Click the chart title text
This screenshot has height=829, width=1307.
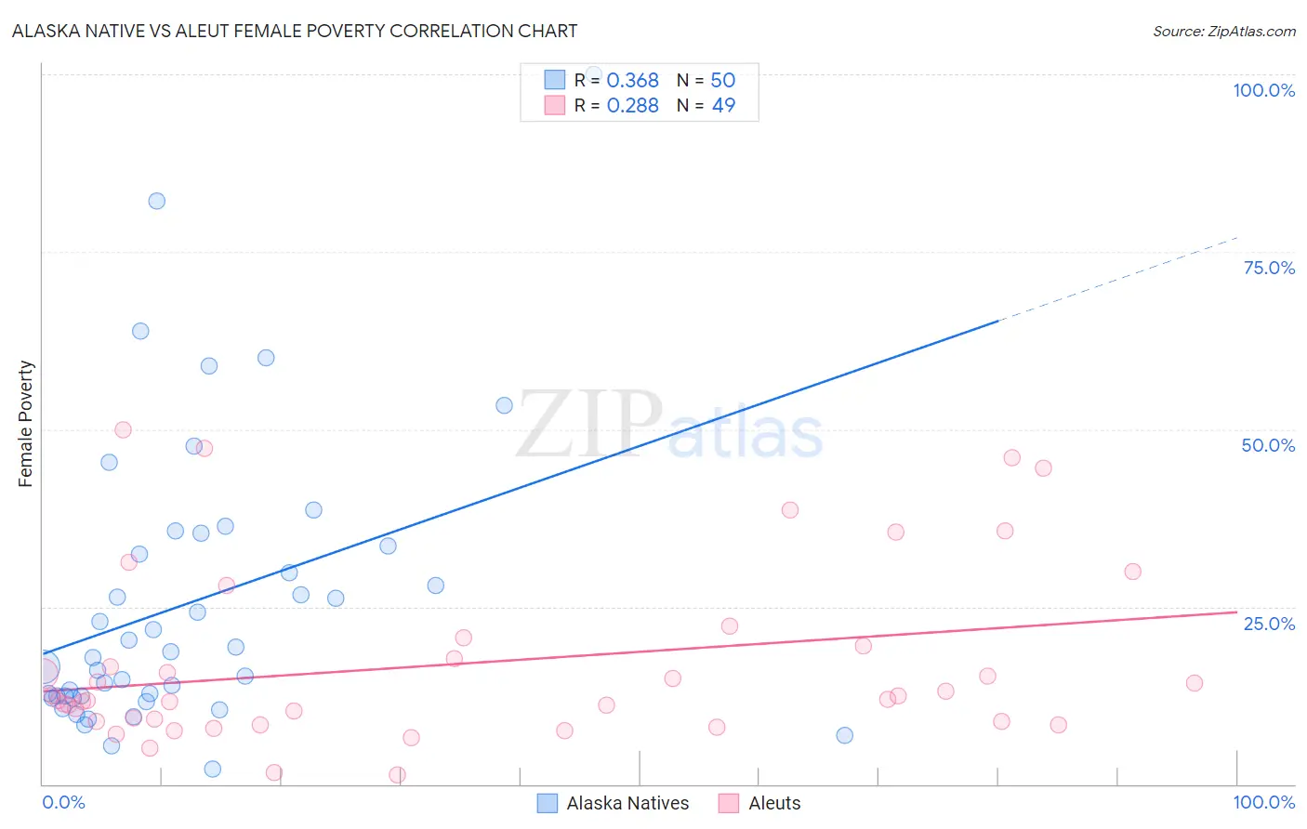coord(295,31)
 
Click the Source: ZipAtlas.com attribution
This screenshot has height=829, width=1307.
coord(1223,31)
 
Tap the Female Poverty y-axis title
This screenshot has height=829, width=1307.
coord(26,424)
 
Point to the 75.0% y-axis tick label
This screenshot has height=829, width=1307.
coord(1268,268)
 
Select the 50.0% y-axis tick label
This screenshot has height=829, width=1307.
coord(1268,445)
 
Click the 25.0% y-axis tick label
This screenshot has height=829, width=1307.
coord(1268,624)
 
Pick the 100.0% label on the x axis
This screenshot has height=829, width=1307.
coord(1263,802)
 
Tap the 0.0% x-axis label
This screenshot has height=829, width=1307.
coord(63,802)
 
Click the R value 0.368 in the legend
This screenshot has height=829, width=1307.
coord(632,81)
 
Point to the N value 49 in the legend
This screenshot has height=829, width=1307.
coord(723,106)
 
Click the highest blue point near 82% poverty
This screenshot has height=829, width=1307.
coord(157,201)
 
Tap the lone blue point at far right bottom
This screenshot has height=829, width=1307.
coord(844,735)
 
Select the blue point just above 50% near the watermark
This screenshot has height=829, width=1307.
coord(504,405)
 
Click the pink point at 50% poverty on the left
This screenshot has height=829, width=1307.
coord(123,429)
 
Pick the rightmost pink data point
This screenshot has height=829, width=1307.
coord(1195,683)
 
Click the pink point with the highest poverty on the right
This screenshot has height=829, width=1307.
coord(1012,457)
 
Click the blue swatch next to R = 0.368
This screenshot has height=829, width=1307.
coord(554,80)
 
